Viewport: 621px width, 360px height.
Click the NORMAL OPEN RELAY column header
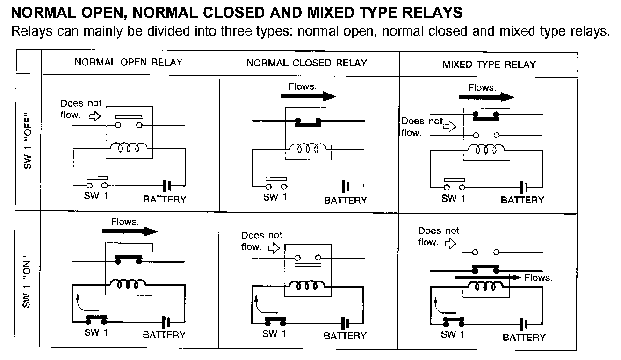coord(129,62)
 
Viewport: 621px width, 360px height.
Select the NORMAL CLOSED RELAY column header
coord(307,63)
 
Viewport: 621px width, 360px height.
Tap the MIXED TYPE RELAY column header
coord(489,64)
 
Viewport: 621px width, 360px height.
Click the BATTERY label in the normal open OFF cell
coord(165,199)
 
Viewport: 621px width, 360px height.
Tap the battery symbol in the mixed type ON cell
coord(524,324)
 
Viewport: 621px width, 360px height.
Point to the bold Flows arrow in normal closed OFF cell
coord(308,96)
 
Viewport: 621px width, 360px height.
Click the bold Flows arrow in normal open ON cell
coord(130,231)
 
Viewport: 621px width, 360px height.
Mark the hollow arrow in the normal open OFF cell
coord(95,117)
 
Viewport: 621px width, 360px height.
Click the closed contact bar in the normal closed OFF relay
coord(308,122)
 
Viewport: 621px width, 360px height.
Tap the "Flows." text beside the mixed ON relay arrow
coord(538,278)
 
